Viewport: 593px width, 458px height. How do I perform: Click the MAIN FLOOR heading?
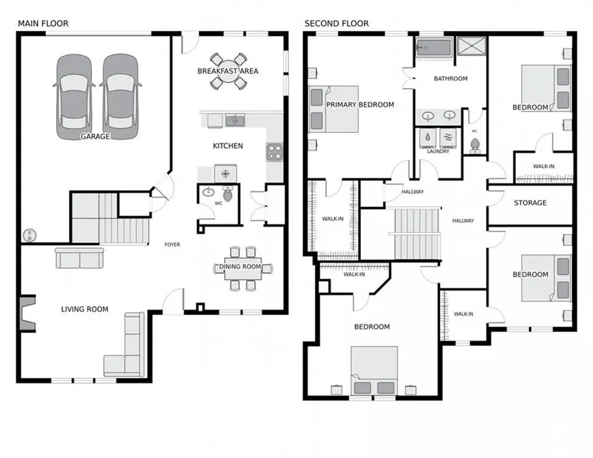coord(43,24)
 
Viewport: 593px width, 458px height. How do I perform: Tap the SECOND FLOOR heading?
coord(336,24)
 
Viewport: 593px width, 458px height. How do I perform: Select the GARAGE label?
coord(96,137)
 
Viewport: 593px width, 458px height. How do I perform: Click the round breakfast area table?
coord(228,71)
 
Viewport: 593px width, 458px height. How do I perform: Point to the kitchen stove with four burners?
coord(274,152)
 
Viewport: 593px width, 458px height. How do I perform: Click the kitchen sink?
coord(235,121)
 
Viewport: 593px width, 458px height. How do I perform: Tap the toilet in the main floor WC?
coord(228,193)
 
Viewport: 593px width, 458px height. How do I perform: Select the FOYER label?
coord(172,244)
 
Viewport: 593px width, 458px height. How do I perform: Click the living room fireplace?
coord(27,313)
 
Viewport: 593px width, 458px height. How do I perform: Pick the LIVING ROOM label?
coord(85,309)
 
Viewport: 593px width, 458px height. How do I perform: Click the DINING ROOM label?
coord(240,267)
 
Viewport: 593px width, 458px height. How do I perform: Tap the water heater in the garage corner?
coord(29,235)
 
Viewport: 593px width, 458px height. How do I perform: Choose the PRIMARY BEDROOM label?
coord(360,105)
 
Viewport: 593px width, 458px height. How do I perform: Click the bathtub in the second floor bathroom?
coord(433,47)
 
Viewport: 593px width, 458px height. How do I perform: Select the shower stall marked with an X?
coord(471,47)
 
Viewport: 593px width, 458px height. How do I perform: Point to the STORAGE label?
coord(530,203)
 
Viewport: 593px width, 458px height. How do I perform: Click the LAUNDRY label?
coord(438,151)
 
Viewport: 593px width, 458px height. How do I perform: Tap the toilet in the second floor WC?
coord(474,146)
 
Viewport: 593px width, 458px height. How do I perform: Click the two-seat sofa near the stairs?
coord(79,258)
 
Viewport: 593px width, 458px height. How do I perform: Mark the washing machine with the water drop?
coord(428,138)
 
